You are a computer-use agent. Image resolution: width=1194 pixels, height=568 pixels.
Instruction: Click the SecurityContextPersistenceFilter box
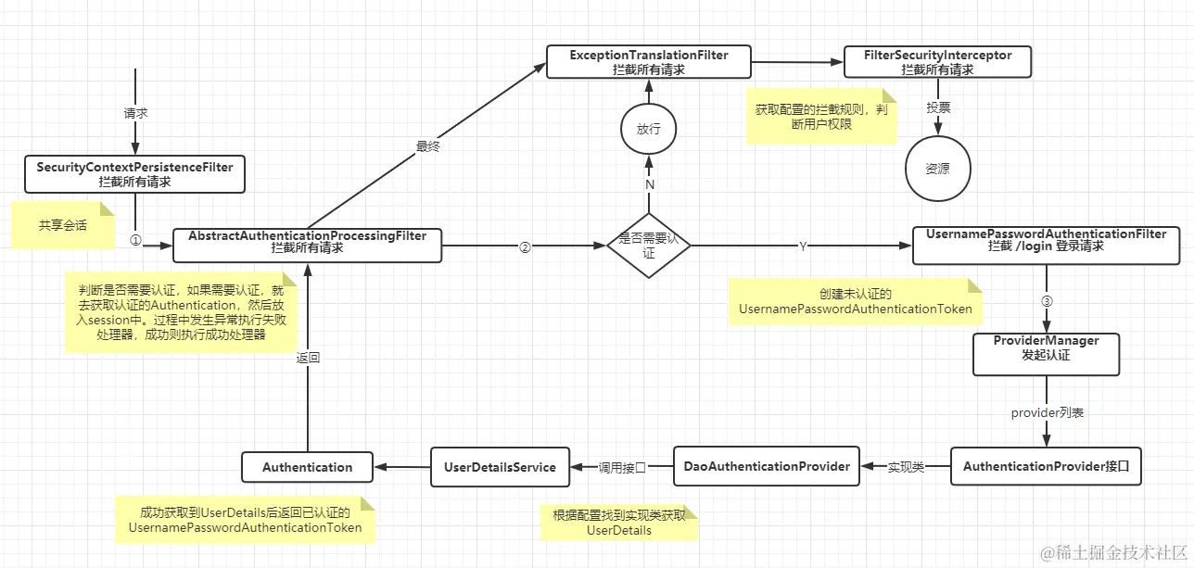[x=134, y=174]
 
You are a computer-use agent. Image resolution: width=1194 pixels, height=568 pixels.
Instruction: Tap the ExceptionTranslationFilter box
[x=649, y=62]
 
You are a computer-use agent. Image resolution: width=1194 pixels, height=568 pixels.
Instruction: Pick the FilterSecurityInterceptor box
[x=937, y=62]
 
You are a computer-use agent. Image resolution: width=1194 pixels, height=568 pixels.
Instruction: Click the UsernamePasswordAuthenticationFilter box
[x=1046, y=241]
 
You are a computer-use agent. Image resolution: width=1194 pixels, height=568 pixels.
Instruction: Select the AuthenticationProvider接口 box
[x=1046, y=466]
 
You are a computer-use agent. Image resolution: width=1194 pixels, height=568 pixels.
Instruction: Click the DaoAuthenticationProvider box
[x=767, y=466]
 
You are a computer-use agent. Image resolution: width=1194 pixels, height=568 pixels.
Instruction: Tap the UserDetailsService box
[x=500, y=467]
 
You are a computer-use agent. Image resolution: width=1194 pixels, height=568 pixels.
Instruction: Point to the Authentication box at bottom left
[x=307, y=467]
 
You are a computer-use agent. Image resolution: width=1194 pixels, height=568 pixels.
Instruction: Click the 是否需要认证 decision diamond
[x=649, y=246]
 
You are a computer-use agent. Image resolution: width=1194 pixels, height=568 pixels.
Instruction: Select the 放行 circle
[x=649, y=129]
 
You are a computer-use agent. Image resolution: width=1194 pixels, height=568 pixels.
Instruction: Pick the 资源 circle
[x=937, y=170]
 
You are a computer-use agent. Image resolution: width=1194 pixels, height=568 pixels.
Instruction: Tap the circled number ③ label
[x=1047, y=301]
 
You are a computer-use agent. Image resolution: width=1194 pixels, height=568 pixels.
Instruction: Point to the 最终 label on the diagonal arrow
[x=427, y=145]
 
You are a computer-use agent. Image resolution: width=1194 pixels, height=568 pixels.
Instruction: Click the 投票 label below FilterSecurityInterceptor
[x=938, y=107]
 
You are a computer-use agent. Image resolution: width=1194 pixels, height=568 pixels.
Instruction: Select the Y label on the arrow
[x=802, y=246]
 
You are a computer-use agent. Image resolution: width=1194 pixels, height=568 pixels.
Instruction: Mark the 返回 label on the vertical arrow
[x=308, y=358]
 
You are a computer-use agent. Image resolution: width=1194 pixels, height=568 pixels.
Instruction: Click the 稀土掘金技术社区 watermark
[x=1112, y=552]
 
